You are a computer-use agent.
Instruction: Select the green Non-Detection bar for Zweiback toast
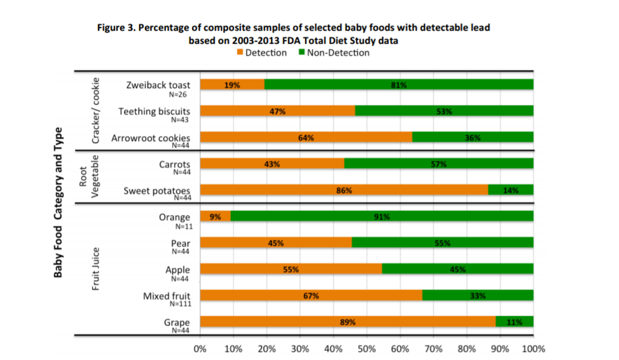click(399, 84)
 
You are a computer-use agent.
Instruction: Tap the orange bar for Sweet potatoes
click(343, 190)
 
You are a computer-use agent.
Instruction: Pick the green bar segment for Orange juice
click(382, 216)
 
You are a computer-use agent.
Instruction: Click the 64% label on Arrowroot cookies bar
click(306, 137)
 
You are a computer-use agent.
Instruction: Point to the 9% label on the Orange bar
click(215, 216)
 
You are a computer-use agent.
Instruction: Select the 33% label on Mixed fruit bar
click(477, 295)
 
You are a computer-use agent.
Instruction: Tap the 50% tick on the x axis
click(366, 348)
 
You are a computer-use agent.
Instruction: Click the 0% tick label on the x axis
click(200, 348)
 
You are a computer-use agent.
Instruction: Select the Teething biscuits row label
click(154, 112)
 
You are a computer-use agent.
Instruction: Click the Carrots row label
click(174, 165)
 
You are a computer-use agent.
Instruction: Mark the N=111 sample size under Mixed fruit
click(180, 304)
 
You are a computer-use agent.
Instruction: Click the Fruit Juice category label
click(96, 269)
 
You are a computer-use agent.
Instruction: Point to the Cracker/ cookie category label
click(96, 110)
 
